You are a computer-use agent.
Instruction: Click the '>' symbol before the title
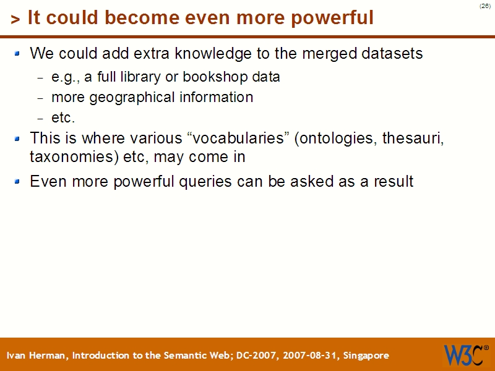pyautogui.click(x=15, y=20)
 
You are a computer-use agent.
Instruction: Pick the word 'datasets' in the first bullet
pyautogui.click(x=393, y=54)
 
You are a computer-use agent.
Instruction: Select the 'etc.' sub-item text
pyautogui.click(x=62, y=117)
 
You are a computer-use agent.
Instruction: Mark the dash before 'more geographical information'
pyautogui.click(x=41, y=98)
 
